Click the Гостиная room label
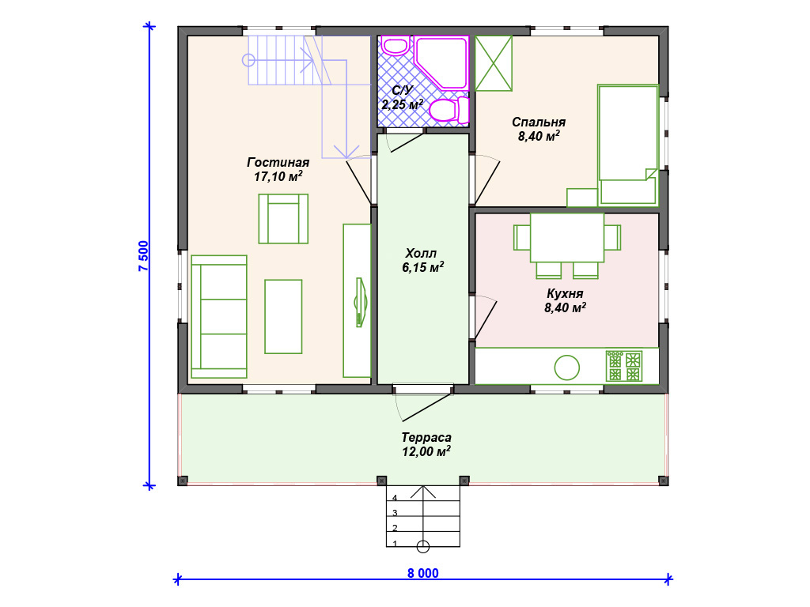pos(278,163)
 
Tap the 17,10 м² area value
pos(278,176)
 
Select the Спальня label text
pos(539,123)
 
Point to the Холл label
pos(421,254)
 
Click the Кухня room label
pos(565,294)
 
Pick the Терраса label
pos(426,438)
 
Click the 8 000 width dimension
pos(423,573)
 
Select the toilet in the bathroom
pos(449,110)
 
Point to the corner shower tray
pos(441,62)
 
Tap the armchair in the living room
pos(283,219)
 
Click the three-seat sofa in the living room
pos(219,317)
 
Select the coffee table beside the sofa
pos(283,317)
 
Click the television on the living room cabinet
pos(360,303)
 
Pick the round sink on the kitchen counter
pos(566,368)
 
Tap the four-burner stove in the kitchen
pos(624,366)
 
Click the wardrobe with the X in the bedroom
pos(494,63)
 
